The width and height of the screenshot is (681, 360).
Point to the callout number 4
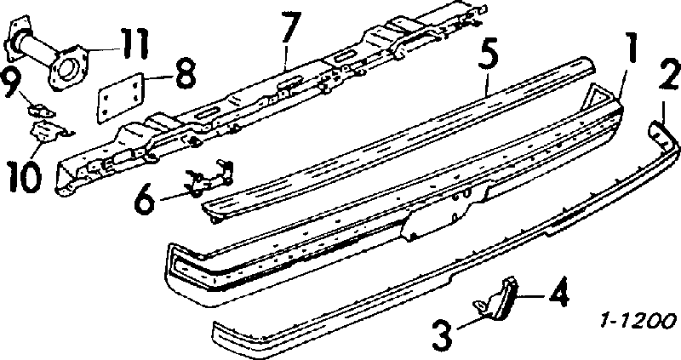556,295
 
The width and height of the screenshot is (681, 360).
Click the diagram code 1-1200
638,322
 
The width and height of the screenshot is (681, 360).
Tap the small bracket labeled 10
49,131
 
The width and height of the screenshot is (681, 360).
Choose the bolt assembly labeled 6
209,177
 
